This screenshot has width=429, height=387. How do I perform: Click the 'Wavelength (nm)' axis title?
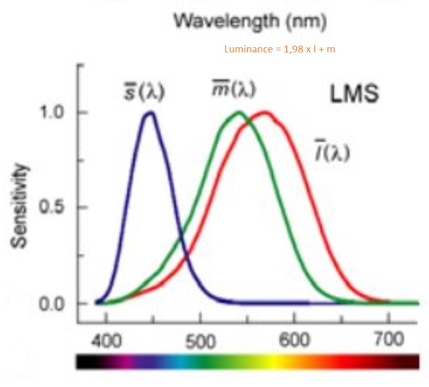click(250, 21)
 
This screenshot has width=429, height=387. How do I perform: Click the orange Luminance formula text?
click(279, 50)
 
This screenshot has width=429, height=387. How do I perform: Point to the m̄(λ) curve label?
click(233, 89)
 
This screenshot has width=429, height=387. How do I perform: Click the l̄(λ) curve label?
click(331, 152)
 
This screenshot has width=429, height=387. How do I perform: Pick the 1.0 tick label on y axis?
click(53, 113)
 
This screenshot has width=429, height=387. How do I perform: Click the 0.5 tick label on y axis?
click(53, 207)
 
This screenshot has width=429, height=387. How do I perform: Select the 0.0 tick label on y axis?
click(53, 304)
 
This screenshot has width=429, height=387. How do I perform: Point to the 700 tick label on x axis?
click(389, 340)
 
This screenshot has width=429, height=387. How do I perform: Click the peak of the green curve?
click(239, 112)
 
